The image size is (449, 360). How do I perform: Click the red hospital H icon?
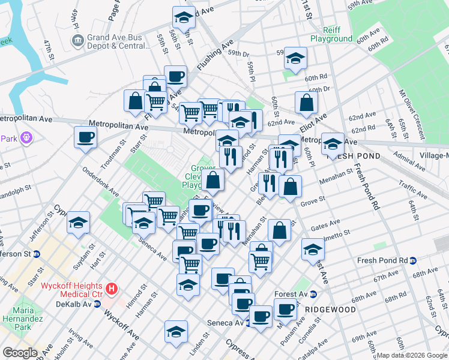click(x=112, y=289)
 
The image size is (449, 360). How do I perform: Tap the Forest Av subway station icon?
click(x=313, y=295)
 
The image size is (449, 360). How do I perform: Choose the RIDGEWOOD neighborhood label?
click(x=330, y=310)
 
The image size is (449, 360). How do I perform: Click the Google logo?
click(x=20, y=353)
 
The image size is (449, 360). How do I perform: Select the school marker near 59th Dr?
click(x=295, y=58)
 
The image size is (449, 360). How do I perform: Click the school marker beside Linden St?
click(x=176, y=331)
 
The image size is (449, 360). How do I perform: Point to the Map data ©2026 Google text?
click(x=410, y=355)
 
